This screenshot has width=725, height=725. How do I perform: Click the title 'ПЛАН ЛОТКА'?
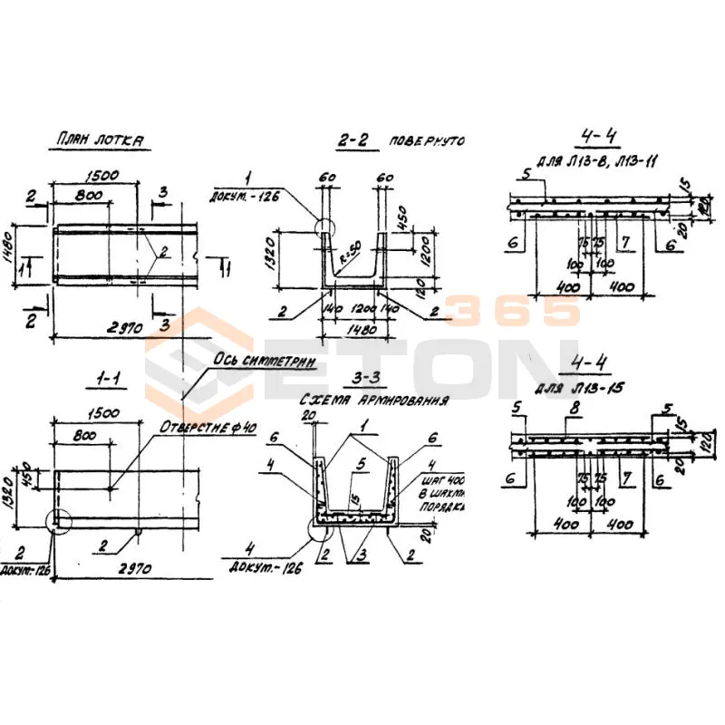[x=100, y=140]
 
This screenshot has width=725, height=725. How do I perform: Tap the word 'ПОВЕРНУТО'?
[x=427, y=142]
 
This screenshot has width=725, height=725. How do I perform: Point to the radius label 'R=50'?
[x=347, y=257]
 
